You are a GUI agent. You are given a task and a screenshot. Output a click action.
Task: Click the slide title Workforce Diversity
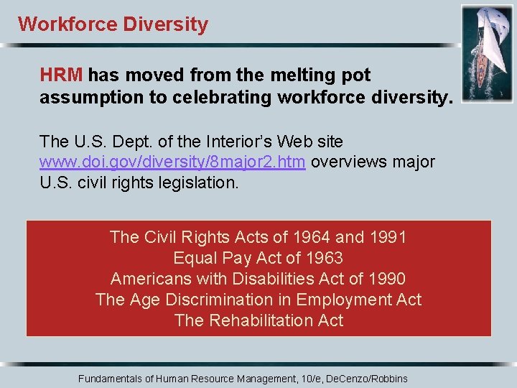coord(113,24)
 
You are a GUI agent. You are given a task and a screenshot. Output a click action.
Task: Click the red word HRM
coord(62,75)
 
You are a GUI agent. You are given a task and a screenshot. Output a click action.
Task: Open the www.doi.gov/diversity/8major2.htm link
coord(173,162)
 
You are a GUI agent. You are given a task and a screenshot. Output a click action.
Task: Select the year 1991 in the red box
coord(388,237)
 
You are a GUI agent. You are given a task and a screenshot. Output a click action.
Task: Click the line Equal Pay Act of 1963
coord(258,258)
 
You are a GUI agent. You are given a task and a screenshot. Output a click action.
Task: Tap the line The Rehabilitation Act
coord(258,320)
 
